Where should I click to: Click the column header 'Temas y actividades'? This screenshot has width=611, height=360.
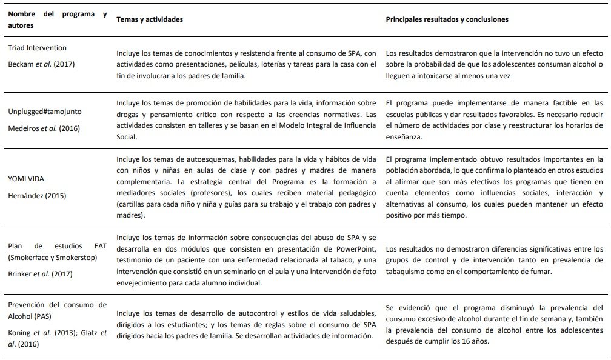click(150, 19)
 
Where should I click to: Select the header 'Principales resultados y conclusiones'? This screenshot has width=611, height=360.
click(447, 19)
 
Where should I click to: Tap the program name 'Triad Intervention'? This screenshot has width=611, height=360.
click(38, 48)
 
